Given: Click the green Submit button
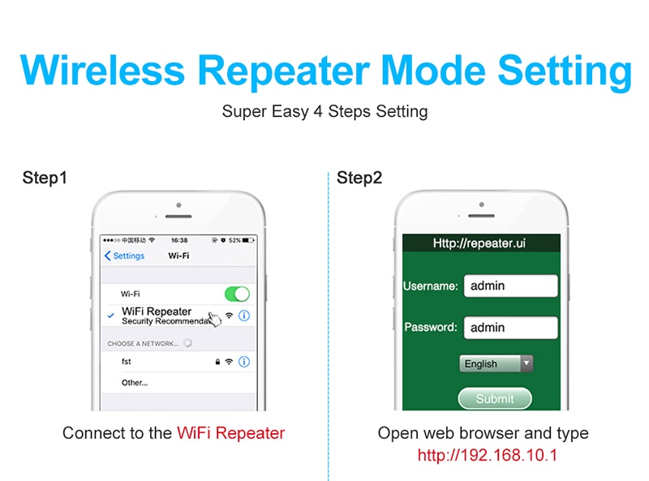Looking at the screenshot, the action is tap(495, 398).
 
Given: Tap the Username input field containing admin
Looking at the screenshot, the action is tap(511, 286).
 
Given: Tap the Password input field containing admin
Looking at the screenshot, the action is tap(511, 328).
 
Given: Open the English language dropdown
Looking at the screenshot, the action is tap(496, 363).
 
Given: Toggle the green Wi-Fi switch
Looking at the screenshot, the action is tap(237, 294).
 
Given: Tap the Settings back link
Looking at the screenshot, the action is tap(125, 256).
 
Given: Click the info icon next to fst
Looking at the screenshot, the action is tap(244, 362).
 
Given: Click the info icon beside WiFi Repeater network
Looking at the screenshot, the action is tap(244, 316).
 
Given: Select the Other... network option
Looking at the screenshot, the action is tap(135, 383).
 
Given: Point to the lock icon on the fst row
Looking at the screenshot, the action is tap(217, 362).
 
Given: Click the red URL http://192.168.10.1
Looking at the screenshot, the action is tap(488, 455).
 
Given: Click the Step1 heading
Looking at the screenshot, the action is tap(45, 178).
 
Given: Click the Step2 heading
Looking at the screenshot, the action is tap(359, 178).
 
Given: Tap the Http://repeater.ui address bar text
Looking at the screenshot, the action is tap(479, 243).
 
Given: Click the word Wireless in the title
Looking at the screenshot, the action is tap(102, 71).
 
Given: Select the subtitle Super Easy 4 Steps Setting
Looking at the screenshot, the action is tap(324, 111).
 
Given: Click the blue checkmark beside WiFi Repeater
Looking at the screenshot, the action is tap(110, 316).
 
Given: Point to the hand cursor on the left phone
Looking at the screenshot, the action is tap(215, 319).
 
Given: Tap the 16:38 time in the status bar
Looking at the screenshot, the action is tap(179, 240).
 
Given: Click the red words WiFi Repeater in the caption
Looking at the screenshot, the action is tap(230, 433).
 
